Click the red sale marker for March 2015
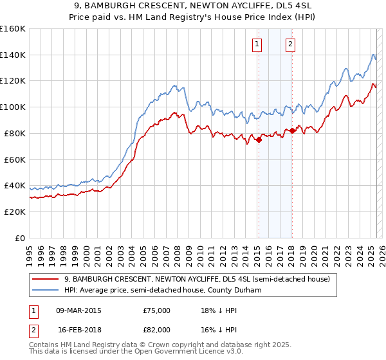tap(259, 139)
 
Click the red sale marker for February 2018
tap(292, 130)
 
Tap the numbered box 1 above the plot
tap(257, 44)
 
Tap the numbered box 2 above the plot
tap(291, 44)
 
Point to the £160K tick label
tap(13, 29)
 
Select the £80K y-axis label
tap(15, 133)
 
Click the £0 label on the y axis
tap(20, 238)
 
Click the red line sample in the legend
tap(46, 280)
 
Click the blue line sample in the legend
tap(46, 290)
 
